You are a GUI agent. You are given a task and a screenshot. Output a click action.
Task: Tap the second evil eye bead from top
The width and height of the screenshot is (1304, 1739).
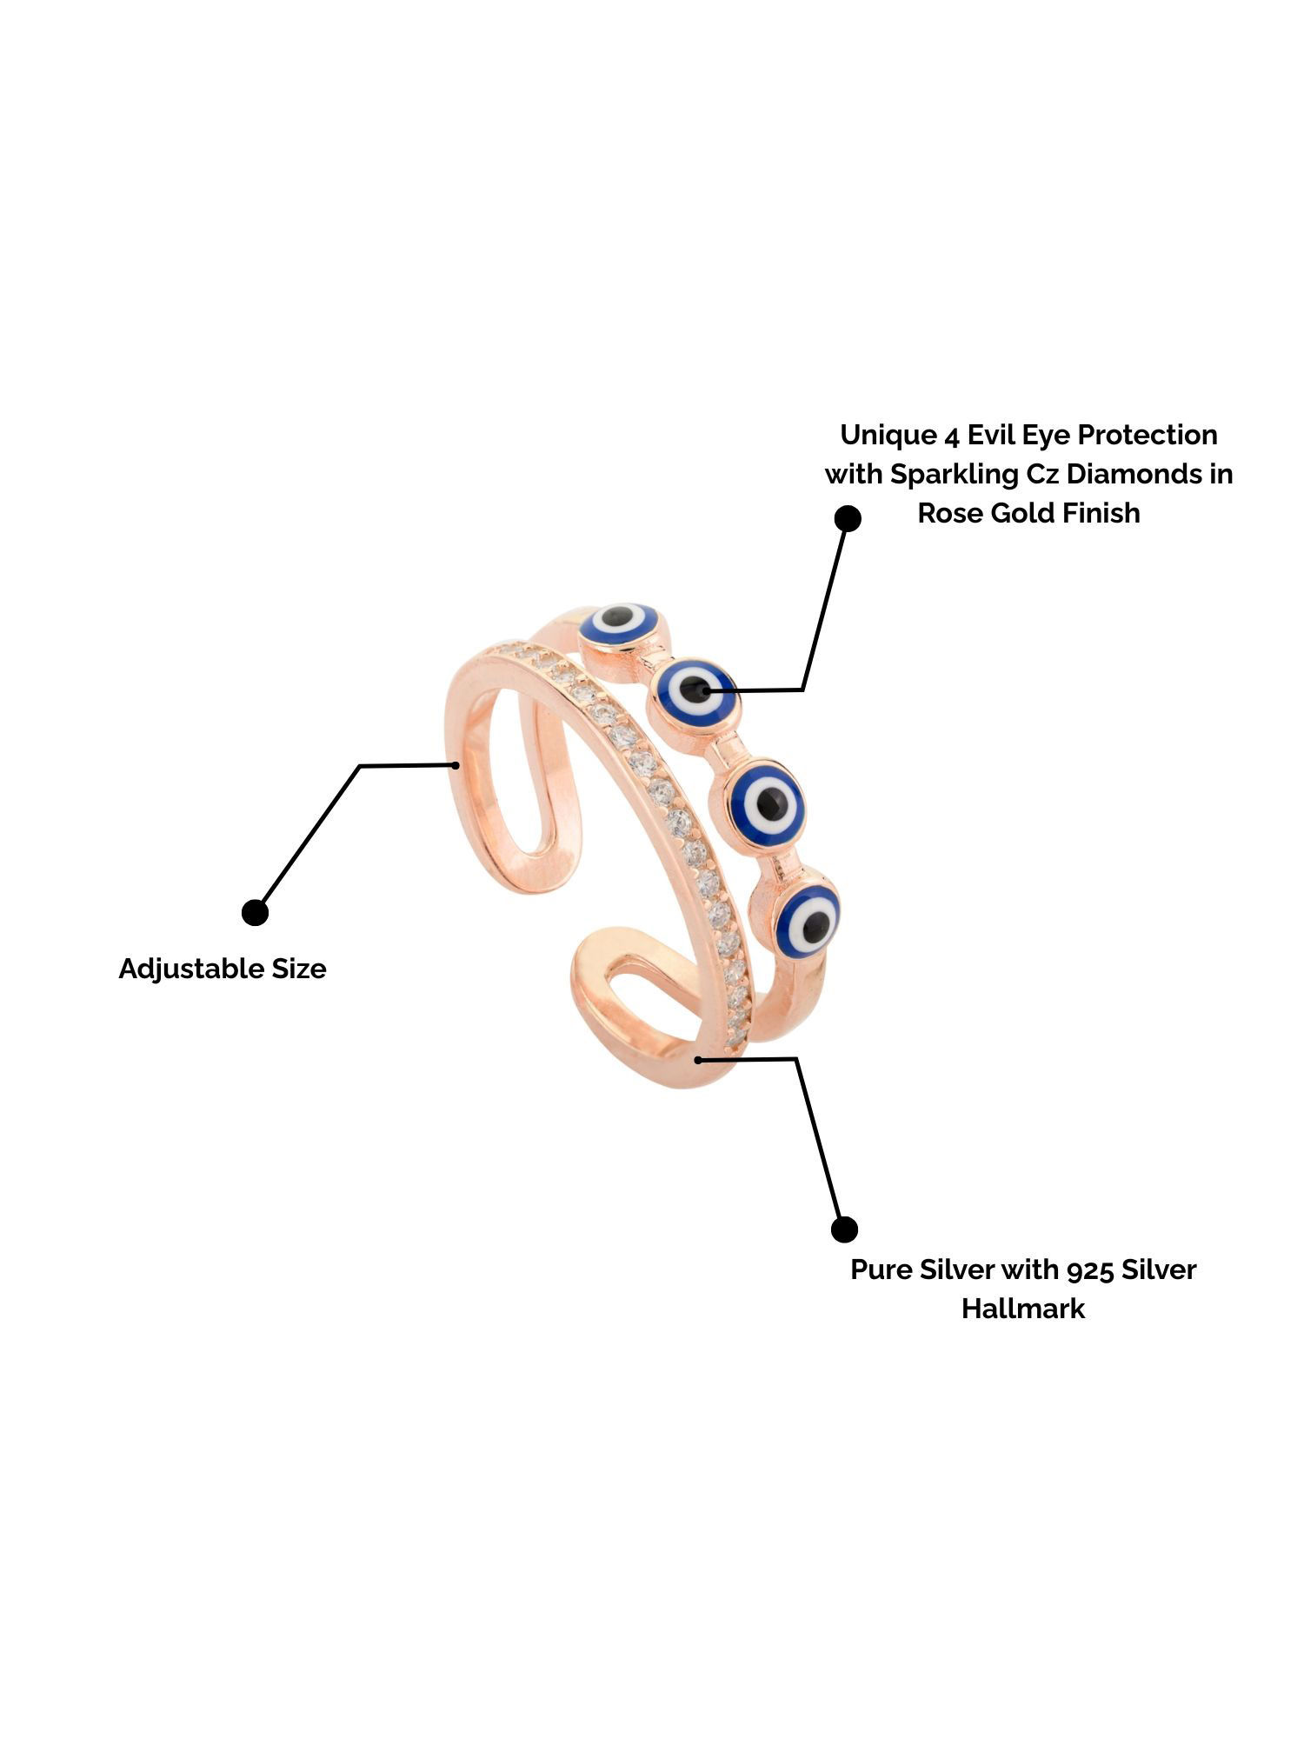[695, 691]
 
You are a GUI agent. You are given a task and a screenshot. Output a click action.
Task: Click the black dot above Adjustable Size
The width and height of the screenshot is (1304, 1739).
[255, 913]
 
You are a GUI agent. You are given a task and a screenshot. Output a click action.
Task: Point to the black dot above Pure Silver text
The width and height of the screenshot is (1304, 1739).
[844, 1229]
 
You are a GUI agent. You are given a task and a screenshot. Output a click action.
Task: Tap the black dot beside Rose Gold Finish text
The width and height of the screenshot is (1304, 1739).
[848, 519]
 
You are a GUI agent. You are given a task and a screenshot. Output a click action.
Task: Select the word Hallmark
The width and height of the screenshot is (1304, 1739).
[1023, 1309]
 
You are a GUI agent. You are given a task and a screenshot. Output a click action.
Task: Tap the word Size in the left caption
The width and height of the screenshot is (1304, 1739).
[298, 969]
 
